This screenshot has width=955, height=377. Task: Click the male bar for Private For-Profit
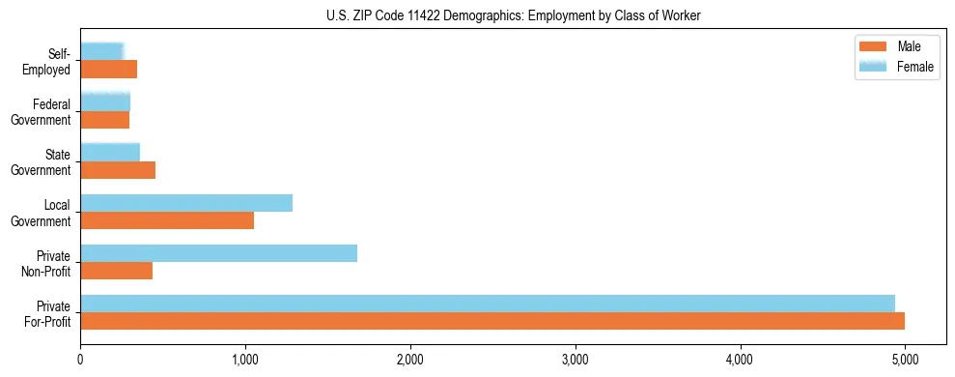[x=492, y=321]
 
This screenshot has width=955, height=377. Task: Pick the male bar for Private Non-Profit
[x=117, y=271]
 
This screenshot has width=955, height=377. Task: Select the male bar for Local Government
[x=167, y=220]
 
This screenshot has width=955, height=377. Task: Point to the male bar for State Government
[x=118, y=170]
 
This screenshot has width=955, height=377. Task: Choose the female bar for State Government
[x=110, y=152]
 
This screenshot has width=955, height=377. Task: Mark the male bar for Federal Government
[x=104, y=120]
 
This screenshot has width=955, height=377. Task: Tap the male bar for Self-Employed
[x=108, y=70]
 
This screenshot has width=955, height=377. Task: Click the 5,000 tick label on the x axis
[x=905, y=361]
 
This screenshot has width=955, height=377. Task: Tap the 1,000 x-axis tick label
[x=245, y=361]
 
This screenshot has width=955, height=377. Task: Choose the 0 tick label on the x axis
[x=80, y=361]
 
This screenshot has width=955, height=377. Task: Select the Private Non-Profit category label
[x=48, y=263]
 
